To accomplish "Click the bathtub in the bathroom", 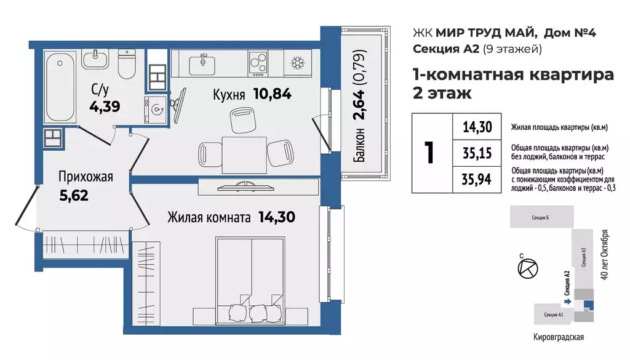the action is click(x=60, y=87).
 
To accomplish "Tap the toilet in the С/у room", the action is click(x=127, y=64).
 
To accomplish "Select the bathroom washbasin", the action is click(x=95, y=59).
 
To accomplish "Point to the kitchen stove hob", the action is click(x=258, y=64).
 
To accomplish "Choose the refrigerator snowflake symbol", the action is click(x=298, y=63).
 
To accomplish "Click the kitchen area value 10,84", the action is click(x=273, y=94).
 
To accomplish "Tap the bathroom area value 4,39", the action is click(x=105, y=107).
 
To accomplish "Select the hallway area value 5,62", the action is click(x=74, y=195).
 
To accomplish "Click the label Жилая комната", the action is click(x=209, y=218).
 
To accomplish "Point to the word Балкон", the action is click(x=359, y=145).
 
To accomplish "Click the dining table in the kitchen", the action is click(x=244, y=155).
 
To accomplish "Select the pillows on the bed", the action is click(x=250, y=312).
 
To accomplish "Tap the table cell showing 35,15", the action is click(x=477, y=153).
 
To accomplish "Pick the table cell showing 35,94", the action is click(x=477, y=179).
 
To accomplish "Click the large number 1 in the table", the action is click(x=429, y=153).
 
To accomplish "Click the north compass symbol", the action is click(x=527, y=268).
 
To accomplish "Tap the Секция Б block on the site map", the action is click(x=541, y=217).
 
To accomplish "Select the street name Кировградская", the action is click(x=559, y=337).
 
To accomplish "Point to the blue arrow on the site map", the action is click(x=567, y=301).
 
